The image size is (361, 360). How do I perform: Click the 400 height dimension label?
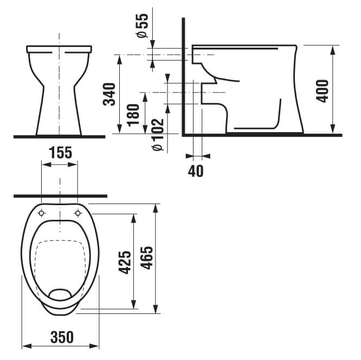322,91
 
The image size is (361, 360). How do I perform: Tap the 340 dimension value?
109,94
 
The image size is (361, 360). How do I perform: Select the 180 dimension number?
133,115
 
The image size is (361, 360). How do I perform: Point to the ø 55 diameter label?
142,25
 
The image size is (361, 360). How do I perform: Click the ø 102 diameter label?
158,135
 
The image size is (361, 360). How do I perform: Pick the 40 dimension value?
196,171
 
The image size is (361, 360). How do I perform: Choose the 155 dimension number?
61,153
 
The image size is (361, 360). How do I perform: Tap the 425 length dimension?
125,263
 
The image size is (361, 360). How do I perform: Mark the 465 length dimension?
147,258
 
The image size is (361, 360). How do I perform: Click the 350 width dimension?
62,337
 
